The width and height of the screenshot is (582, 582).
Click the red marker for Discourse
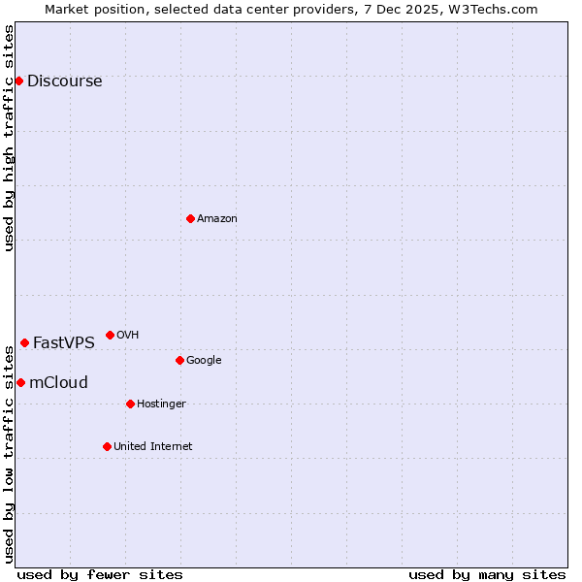18,81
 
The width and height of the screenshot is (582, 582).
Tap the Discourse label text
64,81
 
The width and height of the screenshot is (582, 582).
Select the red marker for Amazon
190,218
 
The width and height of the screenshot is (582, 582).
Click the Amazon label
217,219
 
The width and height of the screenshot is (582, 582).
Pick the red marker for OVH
110,335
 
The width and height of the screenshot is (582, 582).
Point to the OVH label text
127,336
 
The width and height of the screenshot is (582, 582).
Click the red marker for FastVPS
24,342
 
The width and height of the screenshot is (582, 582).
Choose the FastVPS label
64,343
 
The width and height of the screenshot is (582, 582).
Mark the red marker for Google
179,360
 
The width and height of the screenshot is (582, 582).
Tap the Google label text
204,361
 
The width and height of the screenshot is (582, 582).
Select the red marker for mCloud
20,382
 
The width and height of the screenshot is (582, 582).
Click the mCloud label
58,383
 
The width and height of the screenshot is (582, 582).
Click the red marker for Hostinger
130,404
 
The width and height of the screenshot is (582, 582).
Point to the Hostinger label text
161,404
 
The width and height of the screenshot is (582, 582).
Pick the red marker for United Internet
107,446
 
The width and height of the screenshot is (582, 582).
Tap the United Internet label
153,447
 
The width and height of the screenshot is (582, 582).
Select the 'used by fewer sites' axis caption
100,574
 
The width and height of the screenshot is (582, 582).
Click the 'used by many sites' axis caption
487,574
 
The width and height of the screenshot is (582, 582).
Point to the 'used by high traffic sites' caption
9,138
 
